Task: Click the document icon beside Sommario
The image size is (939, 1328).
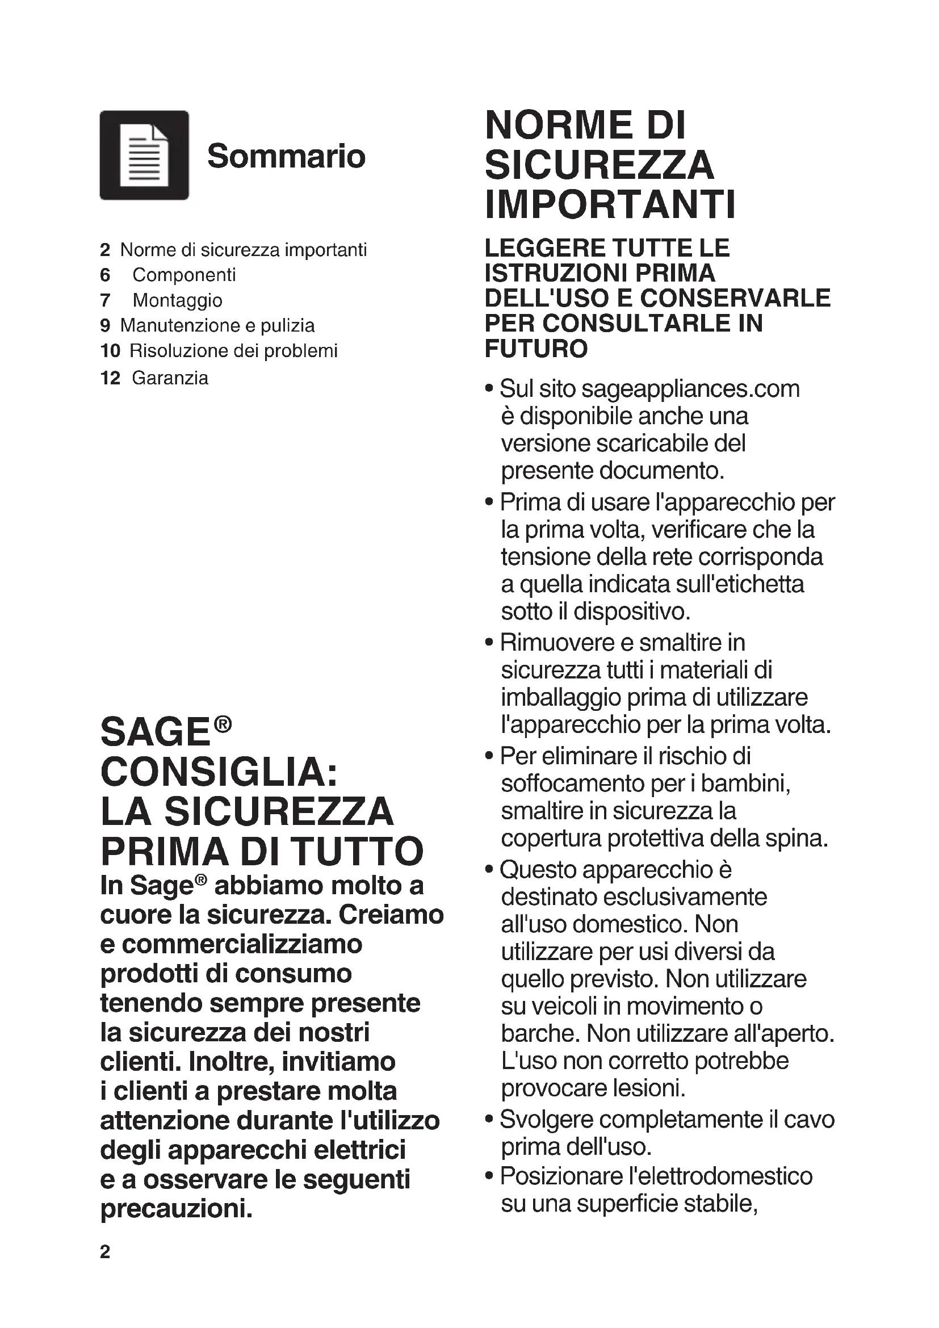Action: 144,155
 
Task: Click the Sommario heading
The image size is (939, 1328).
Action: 286,156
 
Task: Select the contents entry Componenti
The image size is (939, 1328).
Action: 184,275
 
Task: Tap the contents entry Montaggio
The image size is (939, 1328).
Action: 178,300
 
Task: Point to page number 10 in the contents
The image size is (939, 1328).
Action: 110,350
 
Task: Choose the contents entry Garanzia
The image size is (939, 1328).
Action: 170,378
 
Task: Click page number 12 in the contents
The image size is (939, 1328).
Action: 110,378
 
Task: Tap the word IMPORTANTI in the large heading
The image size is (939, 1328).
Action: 610,204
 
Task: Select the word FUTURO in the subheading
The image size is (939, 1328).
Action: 536,349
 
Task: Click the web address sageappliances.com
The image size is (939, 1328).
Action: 690,389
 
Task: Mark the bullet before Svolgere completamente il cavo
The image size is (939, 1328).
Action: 490,1120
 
